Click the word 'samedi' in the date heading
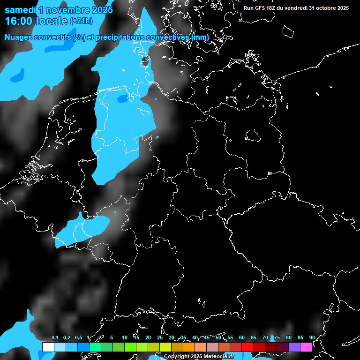[20, 9]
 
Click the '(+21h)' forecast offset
[81, 21]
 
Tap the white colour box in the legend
[48, 347]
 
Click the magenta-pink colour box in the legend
[306, 347]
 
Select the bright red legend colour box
[247, 347]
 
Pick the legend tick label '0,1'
[55, 338]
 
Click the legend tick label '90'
[312, 338]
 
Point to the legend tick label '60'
[241, 338]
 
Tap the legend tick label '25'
[159, 338]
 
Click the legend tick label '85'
[300, 338]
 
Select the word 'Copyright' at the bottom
[177, 357]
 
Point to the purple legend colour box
[294, 347]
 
